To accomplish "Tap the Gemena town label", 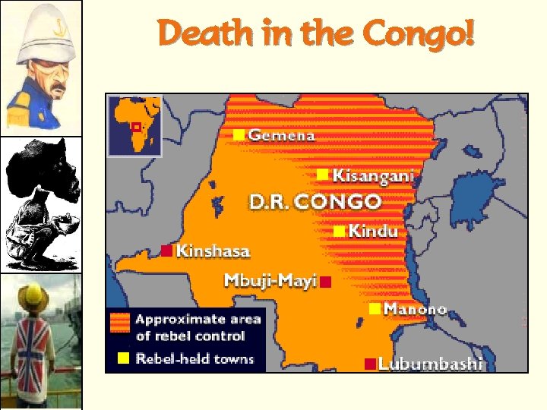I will click(x=282, y=135).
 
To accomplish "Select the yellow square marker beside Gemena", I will click(x=239, y=134).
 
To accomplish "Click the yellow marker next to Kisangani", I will click(x=323, y=175).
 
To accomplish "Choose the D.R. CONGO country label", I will click(x=315, y=202).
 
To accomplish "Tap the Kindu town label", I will click(x=373, y=231).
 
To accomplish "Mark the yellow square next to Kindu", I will click(x=339, y=230).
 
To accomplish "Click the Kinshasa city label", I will click(x=213, y=251).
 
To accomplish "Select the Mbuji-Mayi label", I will click(x=270, y=281).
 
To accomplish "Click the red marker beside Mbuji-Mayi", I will click(x=325, y=282).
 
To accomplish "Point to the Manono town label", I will click(x=415, y=309).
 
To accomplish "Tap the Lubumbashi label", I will click(x=430, y=364).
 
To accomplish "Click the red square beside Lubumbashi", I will click(x=369, y=364).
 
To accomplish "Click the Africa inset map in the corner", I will click(x=134, y=125).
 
